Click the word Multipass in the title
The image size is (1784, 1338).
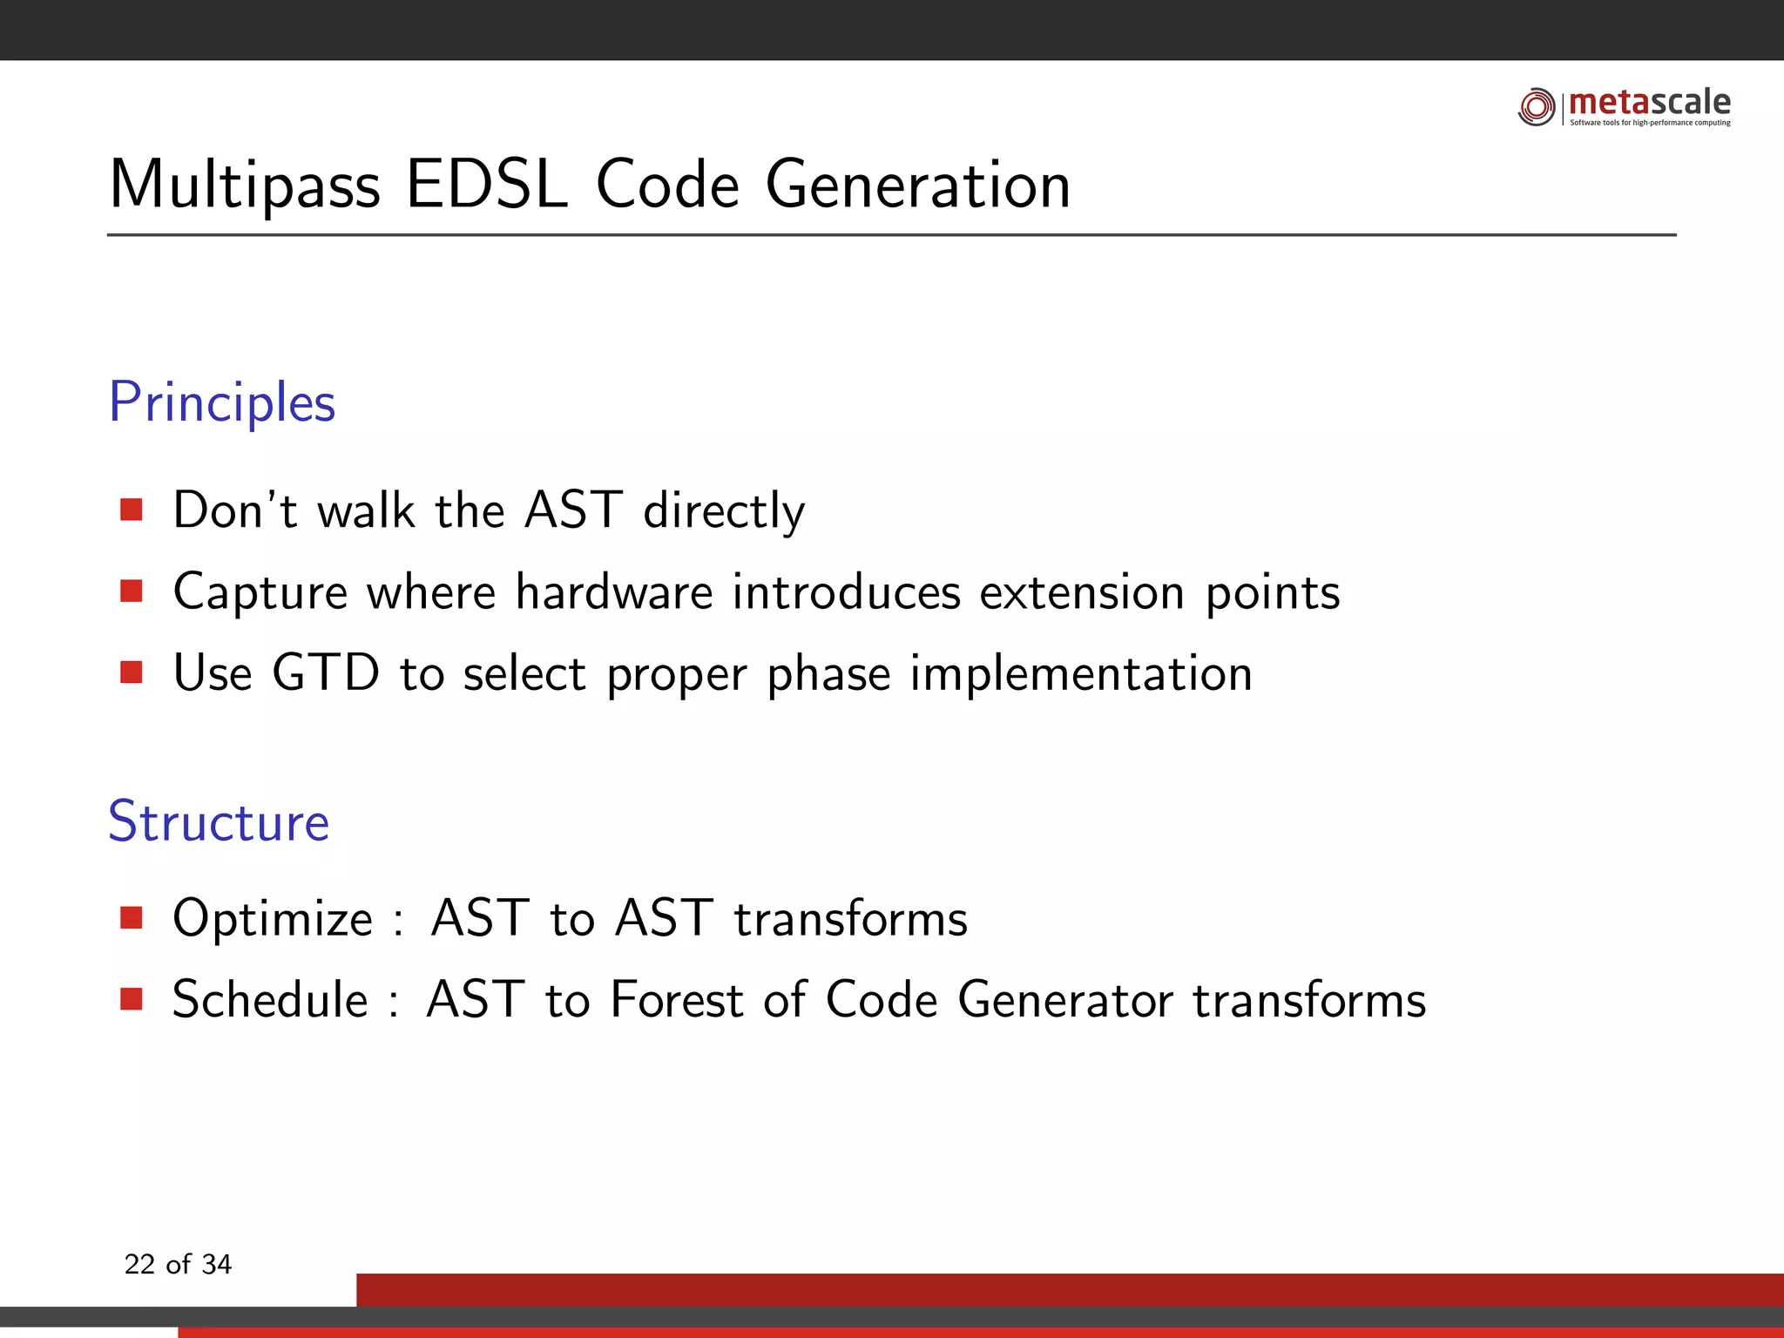point(245,186)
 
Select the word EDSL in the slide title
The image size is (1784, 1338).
point(486,185)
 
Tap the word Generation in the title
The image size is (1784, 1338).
point(917,185)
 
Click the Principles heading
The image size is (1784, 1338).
point(222,403)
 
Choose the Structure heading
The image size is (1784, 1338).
point(219,821)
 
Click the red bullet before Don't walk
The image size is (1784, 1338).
point(132,510)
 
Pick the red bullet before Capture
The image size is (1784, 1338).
point(132,591)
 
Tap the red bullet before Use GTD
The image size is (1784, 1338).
point(132,672)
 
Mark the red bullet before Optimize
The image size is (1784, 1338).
point(132,917)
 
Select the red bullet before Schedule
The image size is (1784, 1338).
point(132,998)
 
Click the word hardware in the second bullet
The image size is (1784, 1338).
point(614,592)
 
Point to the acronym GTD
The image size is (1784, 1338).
point(326,673)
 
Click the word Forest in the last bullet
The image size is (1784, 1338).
point(677,999)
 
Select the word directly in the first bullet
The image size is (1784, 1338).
point(724,511)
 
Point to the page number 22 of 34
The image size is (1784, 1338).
point(178,1264)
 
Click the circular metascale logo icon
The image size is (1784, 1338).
point(1536,107)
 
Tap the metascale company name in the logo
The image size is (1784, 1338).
point(1649,103)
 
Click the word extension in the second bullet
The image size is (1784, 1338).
point(1082,592)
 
